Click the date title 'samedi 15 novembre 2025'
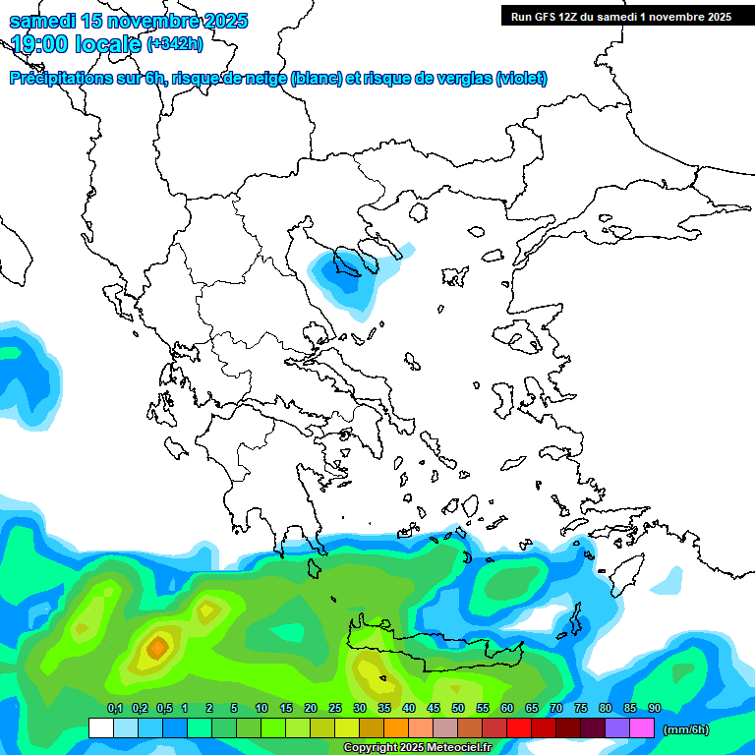tap(128, 21)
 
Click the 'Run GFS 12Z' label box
tap(619, 16)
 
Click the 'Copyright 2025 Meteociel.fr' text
tap(417, 748)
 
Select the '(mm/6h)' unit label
tap(685, 728)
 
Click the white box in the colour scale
tap(100, 728)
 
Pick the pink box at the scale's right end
tap(642, 728)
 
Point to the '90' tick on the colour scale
tap(654, 708)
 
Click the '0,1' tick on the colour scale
tap(114, 708)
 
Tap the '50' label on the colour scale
tap(458, 708)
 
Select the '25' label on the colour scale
tap(335, 708)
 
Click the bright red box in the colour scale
tap(519, 728)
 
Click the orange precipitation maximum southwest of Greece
tap(157, 648)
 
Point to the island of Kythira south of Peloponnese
tap(316, 568)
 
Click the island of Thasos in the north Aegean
tap(419, 212)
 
